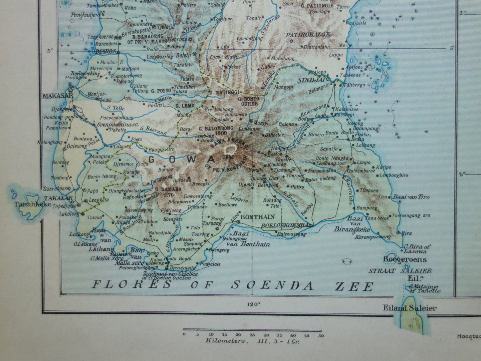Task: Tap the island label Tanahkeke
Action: [x=33, y=204]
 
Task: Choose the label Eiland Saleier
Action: [x=409, y=308]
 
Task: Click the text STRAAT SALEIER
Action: [x=400, y=271]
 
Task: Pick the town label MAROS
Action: [x=106, y=52]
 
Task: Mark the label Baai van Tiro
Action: [x=411, y=197]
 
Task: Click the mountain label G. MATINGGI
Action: [x=221, y=92]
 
